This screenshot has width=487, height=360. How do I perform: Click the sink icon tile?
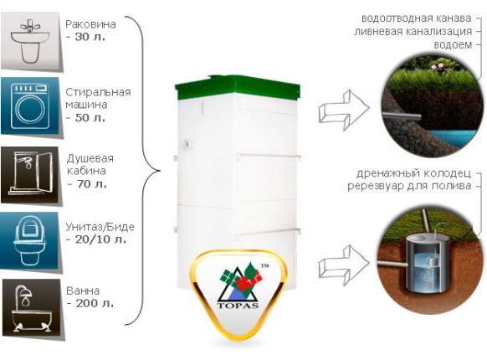click(30, 41)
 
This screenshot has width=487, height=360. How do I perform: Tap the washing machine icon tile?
click(30, 105)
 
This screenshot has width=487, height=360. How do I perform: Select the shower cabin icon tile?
click(30, 175)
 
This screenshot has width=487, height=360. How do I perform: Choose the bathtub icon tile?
click(31, 307)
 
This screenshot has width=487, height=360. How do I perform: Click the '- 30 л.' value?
click(86, 37)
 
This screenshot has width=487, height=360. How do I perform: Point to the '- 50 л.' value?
click(86, 118)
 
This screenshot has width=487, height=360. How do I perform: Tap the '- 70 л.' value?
click(87, 184)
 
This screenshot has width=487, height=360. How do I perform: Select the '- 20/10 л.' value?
click(96, 239)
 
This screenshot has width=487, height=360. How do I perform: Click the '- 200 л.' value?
click(90, 303)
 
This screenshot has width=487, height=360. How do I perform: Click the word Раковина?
click(90, 24)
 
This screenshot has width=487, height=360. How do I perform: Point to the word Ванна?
click(83, 291)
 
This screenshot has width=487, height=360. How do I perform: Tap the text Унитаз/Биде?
click(100, 227)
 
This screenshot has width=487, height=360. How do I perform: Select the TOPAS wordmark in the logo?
click(238, 305)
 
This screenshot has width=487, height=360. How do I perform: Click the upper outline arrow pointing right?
click(344, 110)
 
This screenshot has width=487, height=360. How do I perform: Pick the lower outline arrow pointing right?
click(344, 265)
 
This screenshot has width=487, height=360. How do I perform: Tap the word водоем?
click(453, 45)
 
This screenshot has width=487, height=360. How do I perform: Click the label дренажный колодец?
click(413, 173)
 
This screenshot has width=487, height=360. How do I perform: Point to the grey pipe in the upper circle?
click(402, 116)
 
